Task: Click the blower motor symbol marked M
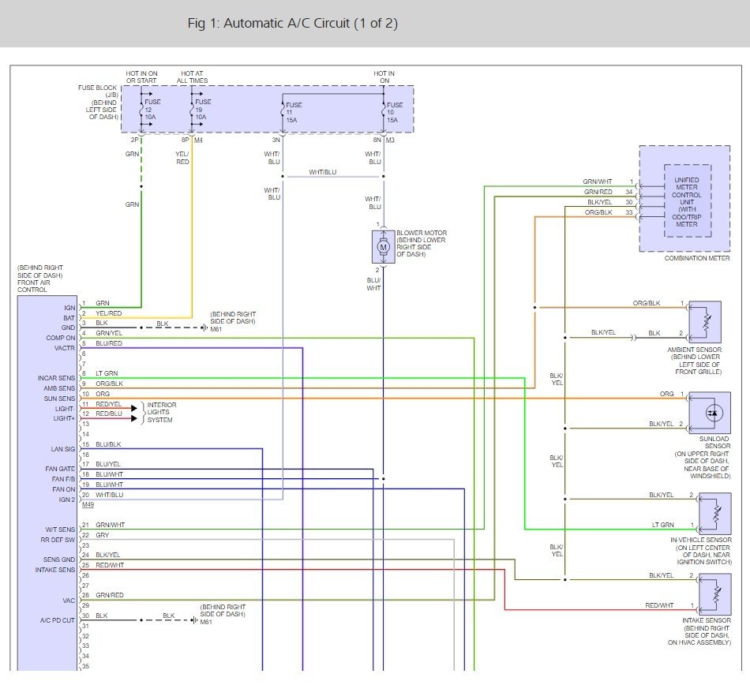tap(383, 247)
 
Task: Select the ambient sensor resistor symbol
tap(705, 322)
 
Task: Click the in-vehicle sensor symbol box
tap(715, 514)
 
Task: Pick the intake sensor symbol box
tap(715, 594)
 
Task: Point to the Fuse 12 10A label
tap(152, 110)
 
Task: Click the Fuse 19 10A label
tap(202, 110)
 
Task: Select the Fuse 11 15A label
tap(294, 112)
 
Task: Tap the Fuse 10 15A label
tap(395, 112)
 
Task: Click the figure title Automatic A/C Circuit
tap(293, 23)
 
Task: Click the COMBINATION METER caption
tap(697, 258)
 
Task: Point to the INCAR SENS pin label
tap(56, 378)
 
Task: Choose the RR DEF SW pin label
tap(58, 540)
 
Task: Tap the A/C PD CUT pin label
tap(58, 620)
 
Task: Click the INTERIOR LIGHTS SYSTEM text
tap(162, 412)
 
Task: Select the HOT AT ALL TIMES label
tap(193, 77)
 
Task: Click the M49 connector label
tap(88, 505)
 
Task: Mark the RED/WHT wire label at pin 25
tap(110, 565)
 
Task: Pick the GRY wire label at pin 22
tap(103, 535)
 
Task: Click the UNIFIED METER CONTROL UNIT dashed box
tap(688, 200)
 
